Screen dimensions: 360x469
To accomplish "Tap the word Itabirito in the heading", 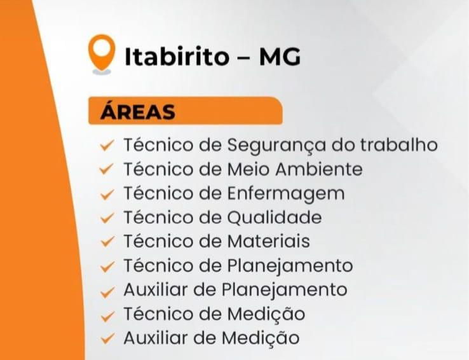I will coord(176,57).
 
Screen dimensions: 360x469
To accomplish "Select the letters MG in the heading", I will coord(280,57).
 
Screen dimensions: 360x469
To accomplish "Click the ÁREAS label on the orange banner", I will coord(138,112).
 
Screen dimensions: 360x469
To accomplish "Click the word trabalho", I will coord(398,145).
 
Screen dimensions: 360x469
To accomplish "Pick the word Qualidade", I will coord(274,218).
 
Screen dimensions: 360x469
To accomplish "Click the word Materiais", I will coord(268,242).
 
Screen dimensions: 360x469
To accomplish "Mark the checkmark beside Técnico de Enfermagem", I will coord(107,194).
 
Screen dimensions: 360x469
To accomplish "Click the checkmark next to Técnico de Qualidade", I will coord(107,218).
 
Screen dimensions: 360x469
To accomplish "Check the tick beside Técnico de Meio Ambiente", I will coord(107,170).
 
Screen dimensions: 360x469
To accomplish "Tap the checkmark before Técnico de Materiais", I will coord(107,242).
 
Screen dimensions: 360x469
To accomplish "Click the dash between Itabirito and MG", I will coord(243,58).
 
